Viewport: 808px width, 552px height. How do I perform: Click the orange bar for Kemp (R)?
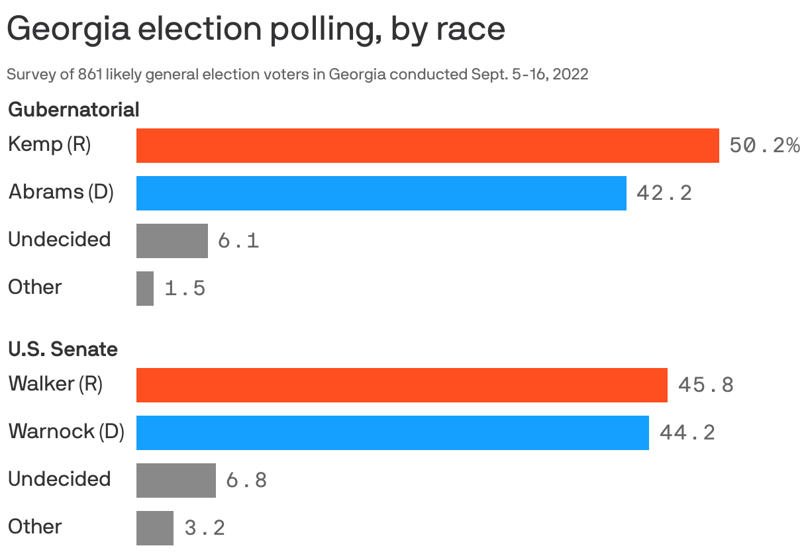(427, 146)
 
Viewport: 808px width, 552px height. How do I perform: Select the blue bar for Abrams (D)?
(381, 193)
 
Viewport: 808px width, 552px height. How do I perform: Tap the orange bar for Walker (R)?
(401, 385)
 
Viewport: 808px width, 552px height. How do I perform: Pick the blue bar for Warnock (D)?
(392, 433)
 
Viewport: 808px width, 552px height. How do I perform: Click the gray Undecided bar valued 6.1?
(172, 241)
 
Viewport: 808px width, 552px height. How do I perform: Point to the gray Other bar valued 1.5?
(145, 289)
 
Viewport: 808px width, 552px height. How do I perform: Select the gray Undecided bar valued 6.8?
(176, 481)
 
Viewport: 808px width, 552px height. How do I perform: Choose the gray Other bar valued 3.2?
(154, 528)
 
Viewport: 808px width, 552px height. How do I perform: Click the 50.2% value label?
(764, 146)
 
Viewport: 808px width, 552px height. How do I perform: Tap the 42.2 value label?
(664, 193)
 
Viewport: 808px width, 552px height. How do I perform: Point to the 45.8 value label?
(705, 385)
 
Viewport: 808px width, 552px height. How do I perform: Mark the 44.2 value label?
(687, 433)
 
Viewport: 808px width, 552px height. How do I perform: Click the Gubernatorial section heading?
(74, 110)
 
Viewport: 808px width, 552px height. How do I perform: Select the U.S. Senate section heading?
(63, 349)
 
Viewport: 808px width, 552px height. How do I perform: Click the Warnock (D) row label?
(66, 432)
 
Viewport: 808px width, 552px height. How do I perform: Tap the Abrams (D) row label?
(61, 193)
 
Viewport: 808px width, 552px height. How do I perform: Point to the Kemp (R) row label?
(49, 144)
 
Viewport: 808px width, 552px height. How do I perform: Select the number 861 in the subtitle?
(89, 74)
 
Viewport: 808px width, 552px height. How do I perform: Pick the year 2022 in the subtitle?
(570, 74)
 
